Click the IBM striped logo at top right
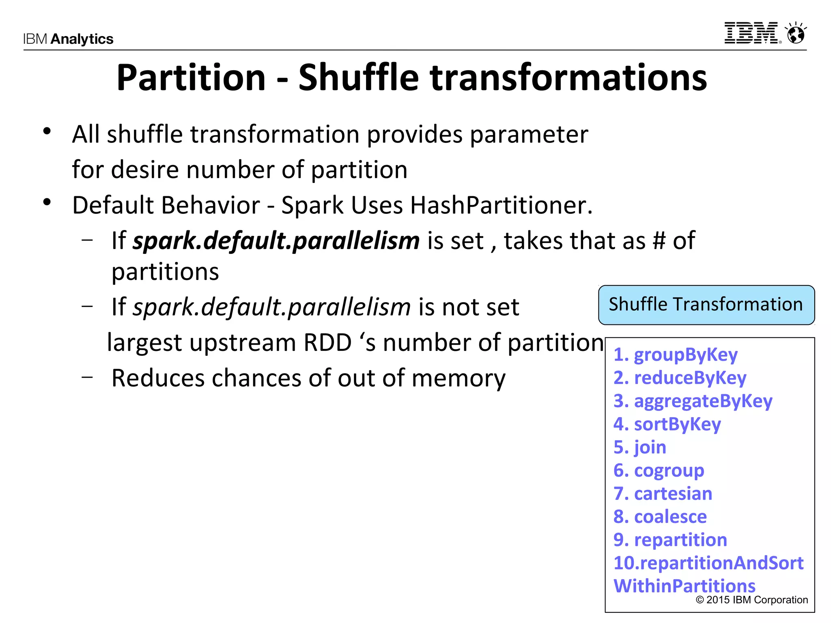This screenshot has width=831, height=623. pos(751,33)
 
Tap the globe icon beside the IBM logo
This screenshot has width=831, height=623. pos(796,33)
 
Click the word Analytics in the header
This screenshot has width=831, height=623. pos(82,39)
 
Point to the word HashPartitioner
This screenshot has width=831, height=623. pos(501,205)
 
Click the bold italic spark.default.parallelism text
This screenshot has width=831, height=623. pos(276,241)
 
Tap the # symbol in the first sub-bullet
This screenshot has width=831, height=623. pos(659,241)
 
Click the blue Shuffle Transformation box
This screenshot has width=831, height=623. pos(706,305)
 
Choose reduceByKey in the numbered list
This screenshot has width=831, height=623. pos(689,378)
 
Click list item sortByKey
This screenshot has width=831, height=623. pos(677,424)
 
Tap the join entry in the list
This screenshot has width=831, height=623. pos(650,447)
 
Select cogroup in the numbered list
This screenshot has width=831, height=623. pos(669,470)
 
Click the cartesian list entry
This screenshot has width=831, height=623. pos(673,494)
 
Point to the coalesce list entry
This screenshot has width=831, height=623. pos(670,517)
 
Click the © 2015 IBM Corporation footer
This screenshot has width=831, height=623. pos(751,600)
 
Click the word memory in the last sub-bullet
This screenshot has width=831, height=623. pos(458,378)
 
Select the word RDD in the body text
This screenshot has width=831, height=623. pos(327,343)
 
